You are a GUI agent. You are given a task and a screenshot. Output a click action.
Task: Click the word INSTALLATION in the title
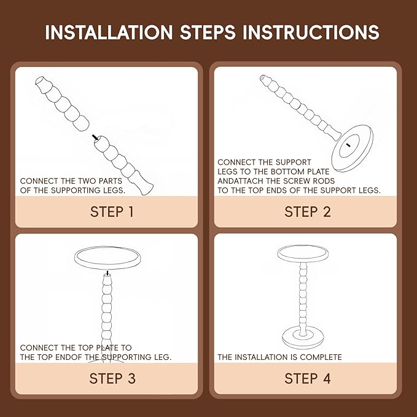pyautogui.click(x=109, y=32)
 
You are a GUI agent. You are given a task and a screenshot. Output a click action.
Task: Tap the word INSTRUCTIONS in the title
pyautogui.click(x=311, y=32)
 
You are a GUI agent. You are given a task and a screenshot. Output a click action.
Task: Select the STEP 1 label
pyautogui.click(x=112, y=212)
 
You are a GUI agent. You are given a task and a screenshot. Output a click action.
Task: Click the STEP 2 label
pyautogui.click(x=308, y=212)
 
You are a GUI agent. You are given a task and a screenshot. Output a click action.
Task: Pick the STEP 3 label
pyautogui.click(x=112, y=378)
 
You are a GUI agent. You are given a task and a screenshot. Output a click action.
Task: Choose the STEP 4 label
pyautogui.click(x=308, y=378)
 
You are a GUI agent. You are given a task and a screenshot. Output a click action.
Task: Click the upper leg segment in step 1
pyautogui.click(x=62, y=103)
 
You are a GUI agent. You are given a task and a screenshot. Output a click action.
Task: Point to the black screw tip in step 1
pyautogui.click(x=95, y=138)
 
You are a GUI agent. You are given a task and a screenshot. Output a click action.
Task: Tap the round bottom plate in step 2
pyautogui.click(x=352, y=148)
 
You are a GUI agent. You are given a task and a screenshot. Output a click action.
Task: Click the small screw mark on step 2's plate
pyautogui.click(x=348, y=145)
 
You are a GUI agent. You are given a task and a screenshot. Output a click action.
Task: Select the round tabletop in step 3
pyautogui.click(x=107, y=257)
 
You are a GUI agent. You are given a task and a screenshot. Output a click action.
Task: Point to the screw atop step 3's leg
pyautogui.click(x=107, y=273)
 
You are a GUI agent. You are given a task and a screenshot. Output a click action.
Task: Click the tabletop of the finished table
pyautogui.click(x=303, y=254)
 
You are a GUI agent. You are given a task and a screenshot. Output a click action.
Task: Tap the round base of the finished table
pyautogui.click(x=303, y=337)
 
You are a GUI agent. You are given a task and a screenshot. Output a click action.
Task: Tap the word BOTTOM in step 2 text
pyautogui.click(x=288, y=172)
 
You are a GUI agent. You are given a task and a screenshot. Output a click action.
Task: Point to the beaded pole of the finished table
pyautogui.click(x=303, y=298)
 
